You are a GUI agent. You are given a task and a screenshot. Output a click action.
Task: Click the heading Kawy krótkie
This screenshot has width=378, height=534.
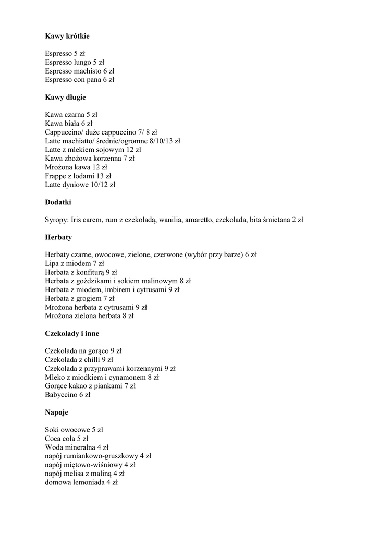67,36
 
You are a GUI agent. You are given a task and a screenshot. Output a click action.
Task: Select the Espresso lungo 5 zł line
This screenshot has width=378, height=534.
75,62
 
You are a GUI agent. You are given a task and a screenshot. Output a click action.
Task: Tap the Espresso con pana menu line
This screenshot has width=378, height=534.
79,80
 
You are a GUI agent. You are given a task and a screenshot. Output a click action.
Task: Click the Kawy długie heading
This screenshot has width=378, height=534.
65,97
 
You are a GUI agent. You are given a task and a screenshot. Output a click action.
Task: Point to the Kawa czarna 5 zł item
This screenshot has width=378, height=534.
71,114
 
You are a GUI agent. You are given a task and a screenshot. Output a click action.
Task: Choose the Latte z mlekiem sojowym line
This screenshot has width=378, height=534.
93,150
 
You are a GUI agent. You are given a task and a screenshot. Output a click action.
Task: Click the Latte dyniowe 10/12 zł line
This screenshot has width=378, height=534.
80,185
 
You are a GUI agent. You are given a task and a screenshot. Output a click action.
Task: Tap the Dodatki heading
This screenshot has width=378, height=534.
58,202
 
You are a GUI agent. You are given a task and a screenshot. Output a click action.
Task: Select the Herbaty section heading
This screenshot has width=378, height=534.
58,237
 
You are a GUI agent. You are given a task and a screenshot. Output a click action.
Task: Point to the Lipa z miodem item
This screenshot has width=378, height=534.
75,263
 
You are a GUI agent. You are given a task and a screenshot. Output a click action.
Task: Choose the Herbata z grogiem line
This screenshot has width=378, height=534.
79,298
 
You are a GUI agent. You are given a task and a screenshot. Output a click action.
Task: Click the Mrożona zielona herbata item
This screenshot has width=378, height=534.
89,316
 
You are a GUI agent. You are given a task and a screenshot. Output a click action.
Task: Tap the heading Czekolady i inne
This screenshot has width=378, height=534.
72,333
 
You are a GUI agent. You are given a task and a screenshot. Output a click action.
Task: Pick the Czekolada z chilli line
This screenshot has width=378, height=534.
79,360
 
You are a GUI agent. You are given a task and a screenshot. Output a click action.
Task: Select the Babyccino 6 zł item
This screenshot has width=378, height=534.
68,395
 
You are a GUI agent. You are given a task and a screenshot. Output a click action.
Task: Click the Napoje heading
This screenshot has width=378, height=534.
57,412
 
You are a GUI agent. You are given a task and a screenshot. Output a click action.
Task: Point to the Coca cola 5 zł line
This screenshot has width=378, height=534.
66,439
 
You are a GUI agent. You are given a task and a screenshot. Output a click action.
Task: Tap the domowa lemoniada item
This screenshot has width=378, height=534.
81,482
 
